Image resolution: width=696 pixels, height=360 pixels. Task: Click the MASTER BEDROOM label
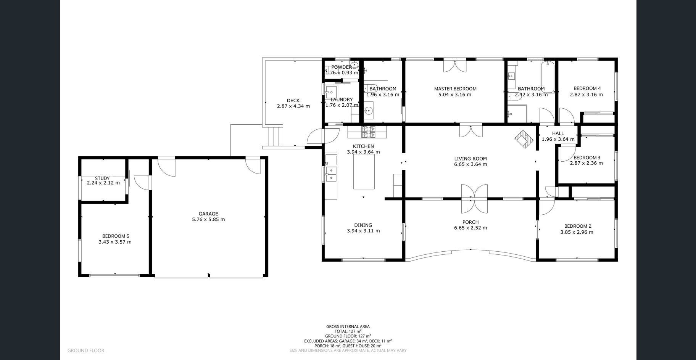(455, 89)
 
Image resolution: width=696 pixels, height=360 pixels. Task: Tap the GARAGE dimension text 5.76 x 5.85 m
(208, 220)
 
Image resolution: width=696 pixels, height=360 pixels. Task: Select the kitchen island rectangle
(364, 172)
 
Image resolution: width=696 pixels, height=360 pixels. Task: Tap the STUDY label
(102, 178)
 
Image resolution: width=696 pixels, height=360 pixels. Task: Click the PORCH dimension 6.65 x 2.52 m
(470, 228)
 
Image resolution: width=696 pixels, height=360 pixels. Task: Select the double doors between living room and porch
(474, 199)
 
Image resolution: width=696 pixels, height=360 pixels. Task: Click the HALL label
(558, 133)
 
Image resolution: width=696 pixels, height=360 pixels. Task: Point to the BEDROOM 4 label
(586, 88)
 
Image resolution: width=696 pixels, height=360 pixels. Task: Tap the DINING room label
(363, 225)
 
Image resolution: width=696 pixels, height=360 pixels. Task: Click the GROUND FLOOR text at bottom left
(86, 350)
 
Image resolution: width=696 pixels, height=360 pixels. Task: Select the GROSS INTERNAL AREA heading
(348, 326)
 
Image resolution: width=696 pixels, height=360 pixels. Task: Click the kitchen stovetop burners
(369, 132)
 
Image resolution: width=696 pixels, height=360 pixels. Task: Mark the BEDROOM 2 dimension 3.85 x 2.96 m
(577, 232)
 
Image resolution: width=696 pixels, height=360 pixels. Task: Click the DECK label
(293, 101)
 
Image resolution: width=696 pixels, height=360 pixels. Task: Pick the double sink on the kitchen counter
(331, 174)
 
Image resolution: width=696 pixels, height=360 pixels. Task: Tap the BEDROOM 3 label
(587, 157)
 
